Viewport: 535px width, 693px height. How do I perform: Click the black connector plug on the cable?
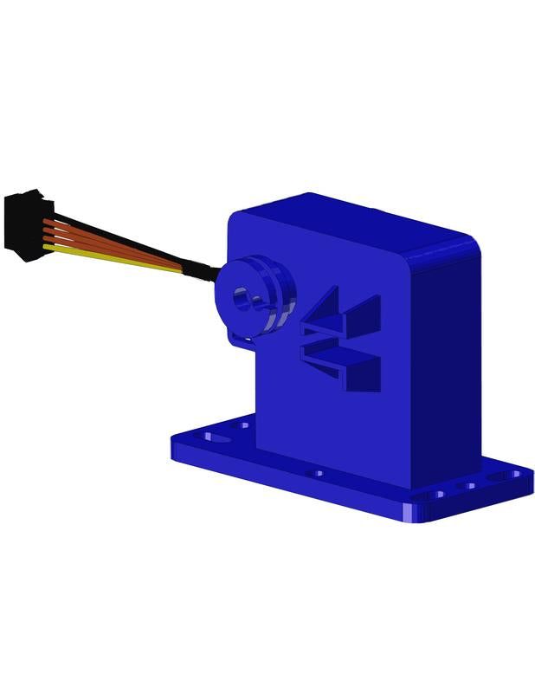pyautogui.click(x=26, y=224)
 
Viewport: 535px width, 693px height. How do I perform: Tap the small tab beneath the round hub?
pyautogui.click(x=243, y=340)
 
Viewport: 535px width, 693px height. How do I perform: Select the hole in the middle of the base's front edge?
pyautogui.click(x=319, y=474)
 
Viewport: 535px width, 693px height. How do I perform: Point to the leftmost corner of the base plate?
pyautogui.click(x=174, y=442)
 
